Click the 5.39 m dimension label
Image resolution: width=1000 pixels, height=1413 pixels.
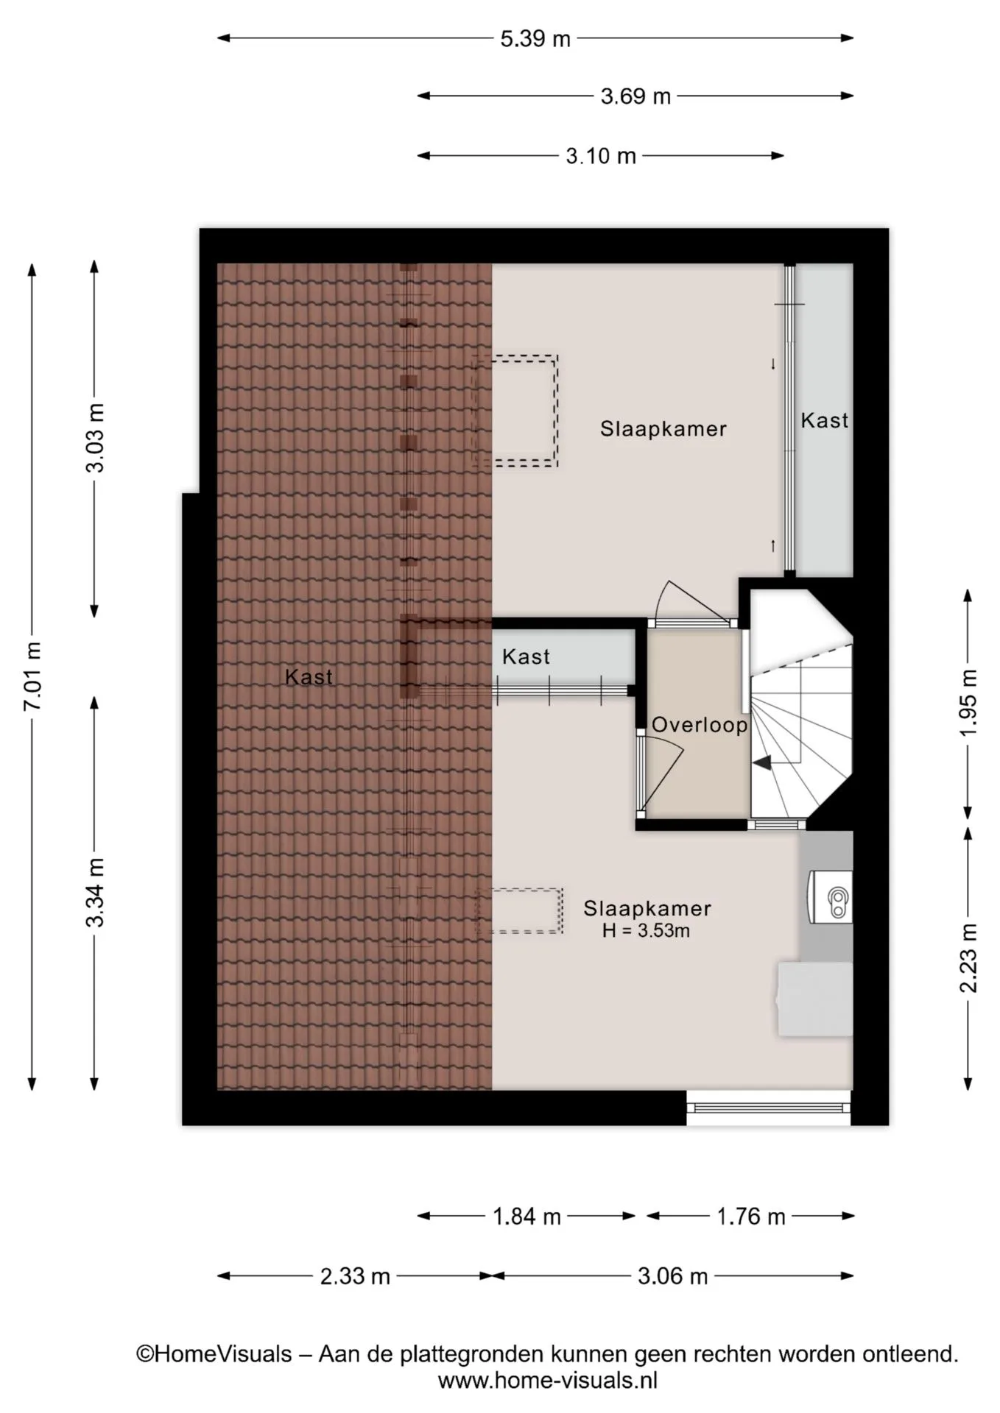point(535,39)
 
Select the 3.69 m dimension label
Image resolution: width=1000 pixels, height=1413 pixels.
point(635,96)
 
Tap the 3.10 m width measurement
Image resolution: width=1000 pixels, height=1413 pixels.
point(601,156)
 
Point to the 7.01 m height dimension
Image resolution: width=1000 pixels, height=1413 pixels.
point(32,676)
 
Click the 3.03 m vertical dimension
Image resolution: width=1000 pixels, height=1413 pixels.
point(95,438)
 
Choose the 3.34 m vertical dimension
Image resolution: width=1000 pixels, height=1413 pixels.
point(95,893)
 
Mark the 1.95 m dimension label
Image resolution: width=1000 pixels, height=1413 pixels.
point(968,703)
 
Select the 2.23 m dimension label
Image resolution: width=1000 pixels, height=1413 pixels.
point(968,958)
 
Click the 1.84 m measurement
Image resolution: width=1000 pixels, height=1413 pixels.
point(527,1217)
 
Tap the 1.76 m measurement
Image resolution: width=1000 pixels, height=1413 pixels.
point(751,1217)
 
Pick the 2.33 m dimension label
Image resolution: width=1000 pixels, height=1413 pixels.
point(355,1276)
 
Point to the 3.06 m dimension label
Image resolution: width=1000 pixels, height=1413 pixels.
point(672,1276)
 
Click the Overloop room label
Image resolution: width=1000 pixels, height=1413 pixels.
point(700,726)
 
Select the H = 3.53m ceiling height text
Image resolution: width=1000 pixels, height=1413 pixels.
point(646,931)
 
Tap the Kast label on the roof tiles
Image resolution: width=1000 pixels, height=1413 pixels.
point(309,677)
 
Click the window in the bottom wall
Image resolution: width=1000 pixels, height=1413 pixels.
point(769,1108)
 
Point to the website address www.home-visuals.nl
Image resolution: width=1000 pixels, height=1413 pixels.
point(547,1380)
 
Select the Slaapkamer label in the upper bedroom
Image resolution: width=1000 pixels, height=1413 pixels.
point(663,429)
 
